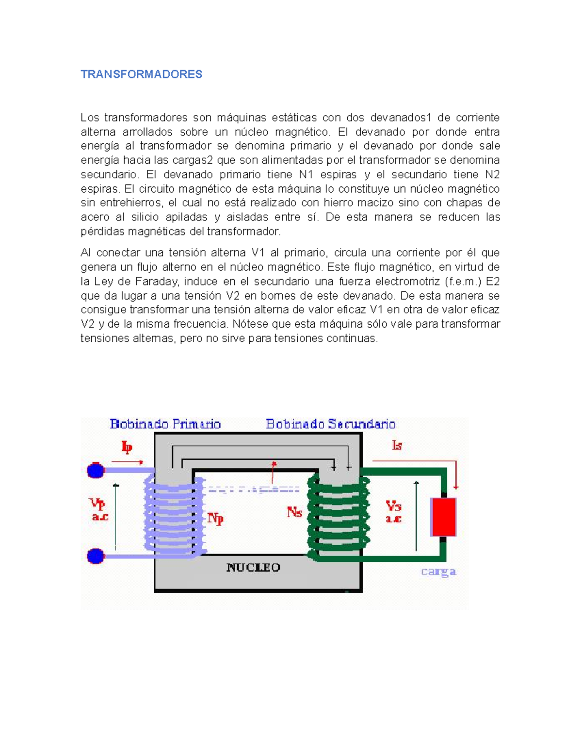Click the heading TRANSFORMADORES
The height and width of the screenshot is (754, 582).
tap(141, 74)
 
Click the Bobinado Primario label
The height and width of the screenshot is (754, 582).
tap(165, 424)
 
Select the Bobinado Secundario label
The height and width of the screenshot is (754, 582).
tap(331, 424)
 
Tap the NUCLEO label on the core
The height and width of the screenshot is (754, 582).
tap(253, 568)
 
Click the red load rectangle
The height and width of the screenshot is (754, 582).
tap(443, 517)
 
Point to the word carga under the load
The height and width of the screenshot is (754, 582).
tap(438, 571)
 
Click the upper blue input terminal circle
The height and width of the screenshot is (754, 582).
tap(96, 470)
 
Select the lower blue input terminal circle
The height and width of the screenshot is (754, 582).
tap(96, 556)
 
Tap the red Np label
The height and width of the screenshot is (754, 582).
tap(215, 519)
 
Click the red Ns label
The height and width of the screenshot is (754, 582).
tap(294, 512)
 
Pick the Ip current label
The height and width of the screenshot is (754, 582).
tap(127, 447)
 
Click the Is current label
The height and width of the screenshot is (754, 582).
tap(397, 445)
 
